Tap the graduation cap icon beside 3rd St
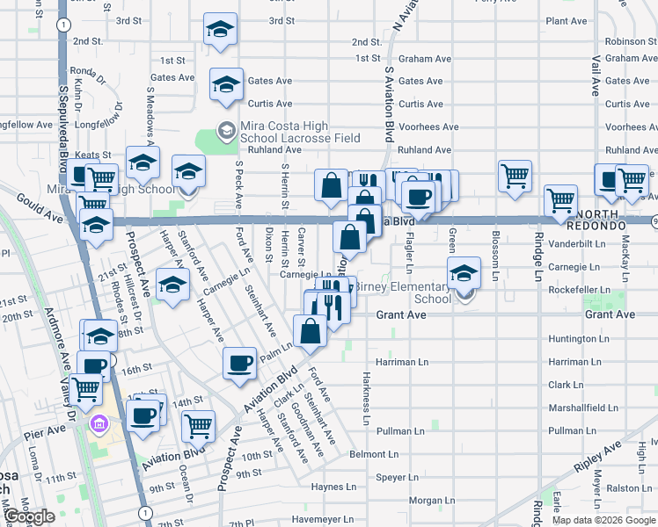(220, 29)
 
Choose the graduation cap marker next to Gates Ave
(227, 84)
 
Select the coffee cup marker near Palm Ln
(239, 363)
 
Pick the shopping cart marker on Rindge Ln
(560, 200)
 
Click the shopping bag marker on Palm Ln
(310, 331)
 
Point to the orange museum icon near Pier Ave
(99, 426)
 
